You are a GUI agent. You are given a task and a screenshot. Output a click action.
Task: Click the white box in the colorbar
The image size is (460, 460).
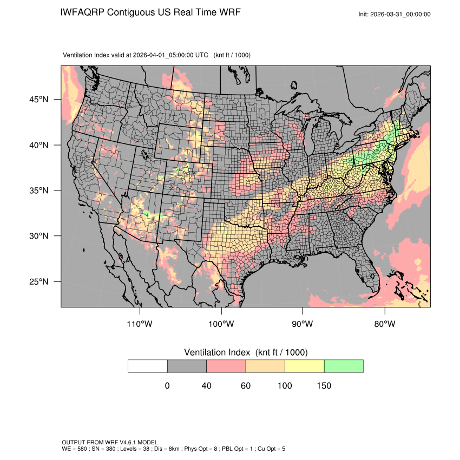point(148,366)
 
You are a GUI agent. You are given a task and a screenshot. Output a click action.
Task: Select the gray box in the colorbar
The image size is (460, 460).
point(187,366)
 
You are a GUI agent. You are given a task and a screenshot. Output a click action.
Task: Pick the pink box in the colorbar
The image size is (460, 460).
point(226,366)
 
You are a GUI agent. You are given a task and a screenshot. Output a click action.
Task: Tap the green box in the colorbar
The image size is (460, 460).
point(344,366)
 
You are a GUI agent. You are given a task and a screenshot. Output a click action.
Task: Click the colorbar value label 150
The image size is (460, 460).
point(324,386)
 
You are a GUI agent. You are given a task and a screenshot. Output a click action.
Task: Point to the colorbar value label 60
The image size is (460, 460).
point(246,386)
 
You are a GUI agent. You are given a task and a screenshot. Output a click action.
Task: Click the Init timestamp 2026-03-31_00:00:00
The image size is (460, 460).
point(401,14)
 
